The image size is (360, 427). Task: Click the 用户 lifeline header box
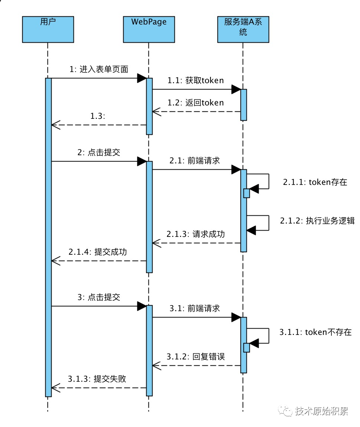(48, 29)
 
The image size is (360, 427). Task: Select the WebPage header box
(149, 29)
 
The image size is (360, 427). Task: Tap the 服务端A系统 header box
(243, 29)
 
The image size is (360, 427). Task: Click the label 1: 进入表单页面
(99, 69)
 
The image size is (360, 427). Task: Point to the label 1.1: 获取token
(196, 81)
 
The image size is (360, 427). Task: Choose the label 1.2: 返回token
(196, 102)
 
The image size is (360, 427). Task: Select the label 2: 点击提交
(99, 153)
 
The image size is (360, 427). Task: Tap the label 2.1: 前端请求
(195, 161)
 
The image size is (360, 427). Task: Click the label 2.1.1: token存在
(315, 182)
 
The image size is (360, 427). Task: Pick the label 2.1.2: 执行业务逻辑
(317, 221)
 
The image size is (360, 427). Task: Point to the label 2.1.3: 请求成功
(196, 234)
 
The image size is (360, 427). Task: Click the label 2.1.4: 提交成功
(98, 252)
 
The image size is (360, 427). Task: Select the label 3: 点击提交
(99, 297)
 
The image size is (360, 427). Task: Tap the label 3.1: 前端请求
(195, 309)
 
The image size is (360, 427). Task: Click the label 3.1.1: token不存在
(315, 332)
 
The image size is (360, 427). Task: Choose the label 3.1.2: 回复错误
(196, 357)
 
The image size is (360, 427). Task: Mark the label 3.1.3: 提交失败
(97, 379)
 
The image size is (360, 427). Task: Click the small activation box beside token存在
(246, 193)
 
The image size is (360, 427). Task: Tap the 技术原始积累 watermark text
(321, 411)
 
